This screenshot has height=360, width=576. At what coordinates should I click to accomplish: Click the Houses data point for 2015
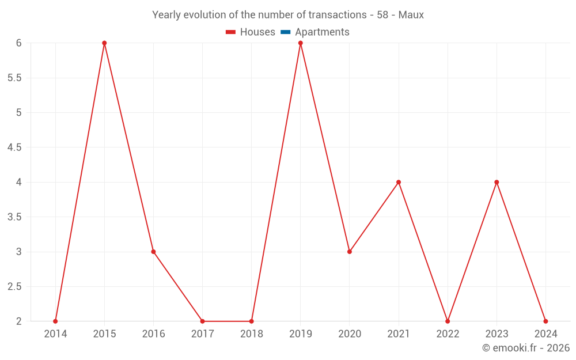click(104, 43)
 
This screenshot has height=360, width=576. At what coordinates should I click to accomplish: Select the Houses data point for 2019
click(301, 43)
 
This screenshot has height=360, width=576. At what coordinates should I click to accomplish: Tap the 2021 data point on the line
click(399, 182)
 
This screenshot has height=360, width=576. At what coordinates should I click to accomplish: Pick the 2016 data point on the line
click(153, 252)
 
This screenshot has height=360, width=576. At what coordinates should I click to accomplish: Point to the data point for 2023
click(497, 182)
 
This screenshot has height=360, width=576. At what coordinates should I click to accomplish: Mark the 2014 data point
click(55, 321)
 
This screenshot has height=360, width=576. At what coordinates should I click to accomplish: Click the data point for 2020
click(350, 252)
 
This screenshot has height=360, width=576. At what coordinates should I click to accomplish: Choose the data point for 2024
click(545, 321)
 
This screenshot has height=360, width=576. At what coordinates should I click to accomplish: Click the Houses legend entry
click(251, 32)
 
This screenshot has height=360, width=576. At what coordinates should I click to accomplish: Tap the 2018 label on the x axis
click(252, 334)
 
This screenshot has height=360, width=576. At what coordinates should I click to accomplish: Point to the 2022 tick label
click(448, 334)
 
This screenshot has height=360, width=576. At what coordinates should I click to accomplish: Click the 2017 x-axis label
click(203, 334)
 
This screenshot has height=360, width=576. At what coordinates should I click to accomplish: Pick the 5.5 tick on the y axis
click(14, 78)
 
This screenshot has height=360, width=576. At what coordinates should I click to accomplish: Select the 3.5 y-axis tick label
click(14, 217)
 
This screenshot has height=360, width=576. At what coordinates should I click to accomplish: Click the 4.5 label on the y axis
click(14, 147)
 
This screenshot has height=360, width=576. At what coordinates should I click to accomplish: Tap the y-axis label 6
click(18, 43)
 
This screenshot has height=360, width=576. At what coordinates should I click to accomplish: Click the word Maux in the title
click(411, 15)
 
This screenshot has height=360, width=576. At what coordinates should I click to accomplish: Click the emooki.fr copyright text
click(526, 348)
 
